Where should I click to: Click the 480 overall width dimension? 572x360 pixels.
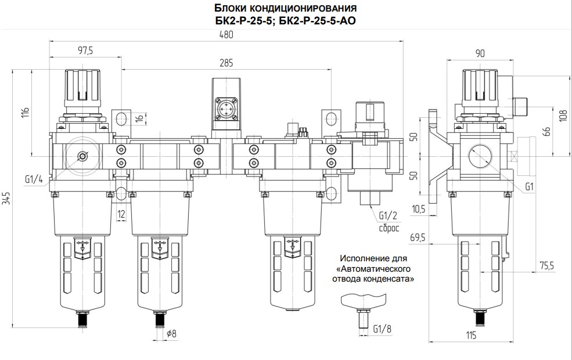pyautogui.click(x=225, y=34)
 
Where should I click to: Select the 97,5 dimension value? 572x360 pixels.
pyautogui.click(x=85, y=51)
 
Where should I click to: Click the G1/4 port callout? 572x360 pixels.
pyautogui.click(x=34, y=179)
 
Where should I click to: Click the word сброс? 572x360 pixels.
pyautogui.click(x=390, y=228)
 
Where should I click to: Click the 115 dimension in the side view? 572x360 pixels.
pyautogui.click(x=471, y=336)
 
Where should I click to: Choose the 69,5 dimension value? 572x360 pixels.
pyautogui.click(x=418, y=237)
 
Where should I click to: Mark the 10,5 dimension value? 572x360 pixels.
pyautogui.click(x=418, y=208)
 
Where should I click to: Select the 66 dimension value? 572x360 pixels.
pyautogui.click(x=546, y=131)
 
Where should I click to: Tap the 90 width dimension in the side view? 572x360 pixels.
pyautogui.click(x=480, y=53)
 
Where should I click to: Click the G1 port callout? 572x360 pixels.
pyautogui.click(x=529, y=187)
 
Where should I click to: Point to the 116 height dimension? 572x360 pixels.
pyautogui.click(x=24, y=113)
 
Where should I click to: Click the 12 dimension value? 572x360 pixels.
pyautogui.click(x=121, y=214)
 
